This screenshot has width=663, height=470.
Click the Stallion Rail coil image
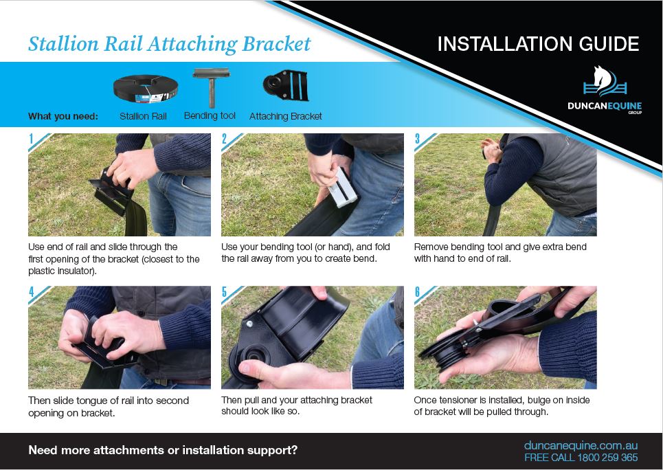(146, 89)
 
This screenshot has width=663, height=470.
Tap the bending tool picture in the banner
(211, 87)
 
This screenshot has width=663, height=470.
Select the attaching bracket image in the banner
(285, 85)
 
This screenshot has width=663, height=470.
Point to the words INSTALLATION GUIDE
(538, 43)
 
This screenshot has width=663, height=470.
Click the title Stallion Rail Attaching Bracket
(170, 44)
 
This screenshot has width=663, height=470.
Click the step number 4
(32, 292)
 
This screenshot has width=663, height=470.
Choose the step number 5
(224, 292)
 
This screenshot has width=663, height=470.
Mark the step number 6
(417, 292)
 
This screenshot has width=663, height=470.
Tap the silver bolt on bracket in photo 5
(249, 324)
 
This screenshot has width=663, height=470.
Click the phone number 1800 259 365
(607, 458)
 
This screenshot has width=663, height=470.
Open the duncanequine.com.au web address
(581, 445)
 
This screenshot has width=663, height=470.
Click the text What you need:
(63, 116)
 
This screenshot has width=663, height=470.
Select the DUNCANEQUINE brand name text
(605, 106)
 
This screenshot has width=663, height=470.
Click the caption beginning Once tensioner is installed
(502, 406)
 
